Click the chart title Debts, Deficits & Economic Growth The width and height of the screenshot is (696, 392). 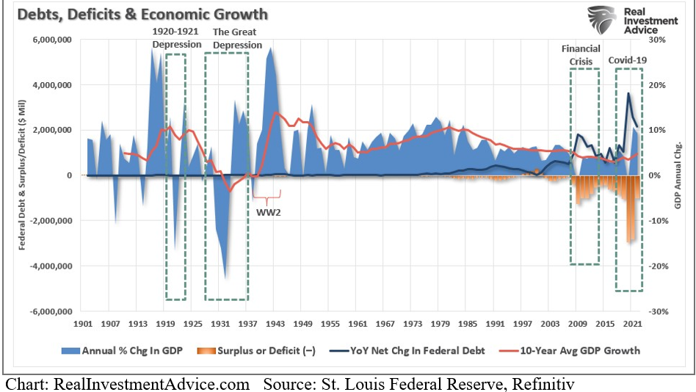tap(139, 15)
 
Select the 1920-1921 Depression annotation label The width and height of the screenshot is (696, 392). tap(176, 38)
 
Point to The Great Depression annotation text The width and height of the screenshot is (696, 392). tap(236, 38)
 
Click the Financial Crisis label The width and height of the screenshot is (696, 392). tap(581, 54)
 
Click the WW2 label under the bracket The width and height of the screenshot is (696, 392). tap(266, 213)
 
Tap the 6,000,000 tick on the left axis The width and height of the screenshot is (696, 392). tap(51, 40)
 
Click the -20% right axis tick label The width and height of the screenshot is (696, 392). tap(658, 266)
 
